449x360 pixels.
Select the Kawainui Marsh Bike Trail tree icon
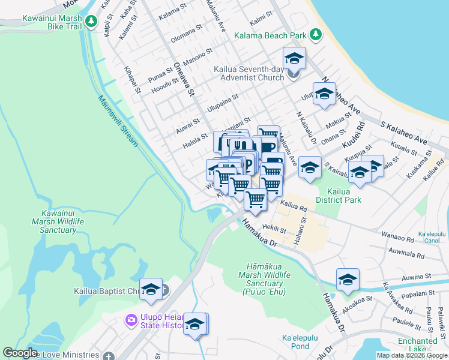click(x=91, y=22)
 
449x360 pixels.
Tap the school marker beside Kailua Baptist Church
click(x=151, y=289)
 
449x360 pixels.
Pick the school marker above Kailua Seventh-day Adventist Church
click(x=294, y=58)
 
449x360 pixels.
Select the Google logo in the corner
click(x=20, y=353)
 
